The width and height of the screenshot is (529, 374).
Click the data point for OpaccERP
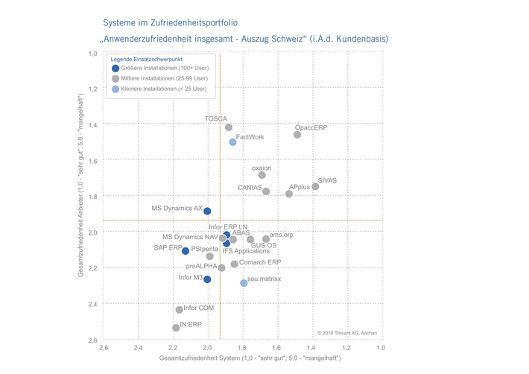coord(297,135)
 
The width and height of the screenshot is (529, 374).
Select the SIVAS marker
coord(315,186)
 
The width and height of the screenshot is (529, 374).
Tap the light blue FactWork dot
coord(232,142)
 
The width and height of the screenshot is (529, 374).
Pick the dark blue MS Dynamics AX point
coord(207,211)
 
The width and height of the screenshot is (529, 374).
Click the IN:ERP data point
coord(176,328)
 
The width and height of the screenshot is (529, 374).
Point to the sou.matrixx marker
coord(244,283)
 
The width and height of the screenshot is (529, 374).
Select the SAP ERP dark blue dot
coord(186,251)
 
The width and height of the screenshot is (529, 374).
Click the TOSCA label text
coord(215,118)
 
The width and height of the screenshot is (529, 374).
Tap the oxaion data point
coord(262,175)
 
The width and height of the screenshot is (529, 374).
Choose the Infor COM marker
coord(179,310)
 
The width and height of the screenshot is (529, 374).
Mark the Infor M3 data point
coord(207,279)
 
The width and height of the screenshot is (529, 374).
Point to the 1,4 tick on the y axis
coord(93,124)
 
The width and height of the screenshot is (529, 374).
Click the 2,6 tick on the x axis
coord(104,348)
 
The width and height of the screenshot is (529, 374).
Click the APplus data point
coord(289,194)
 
